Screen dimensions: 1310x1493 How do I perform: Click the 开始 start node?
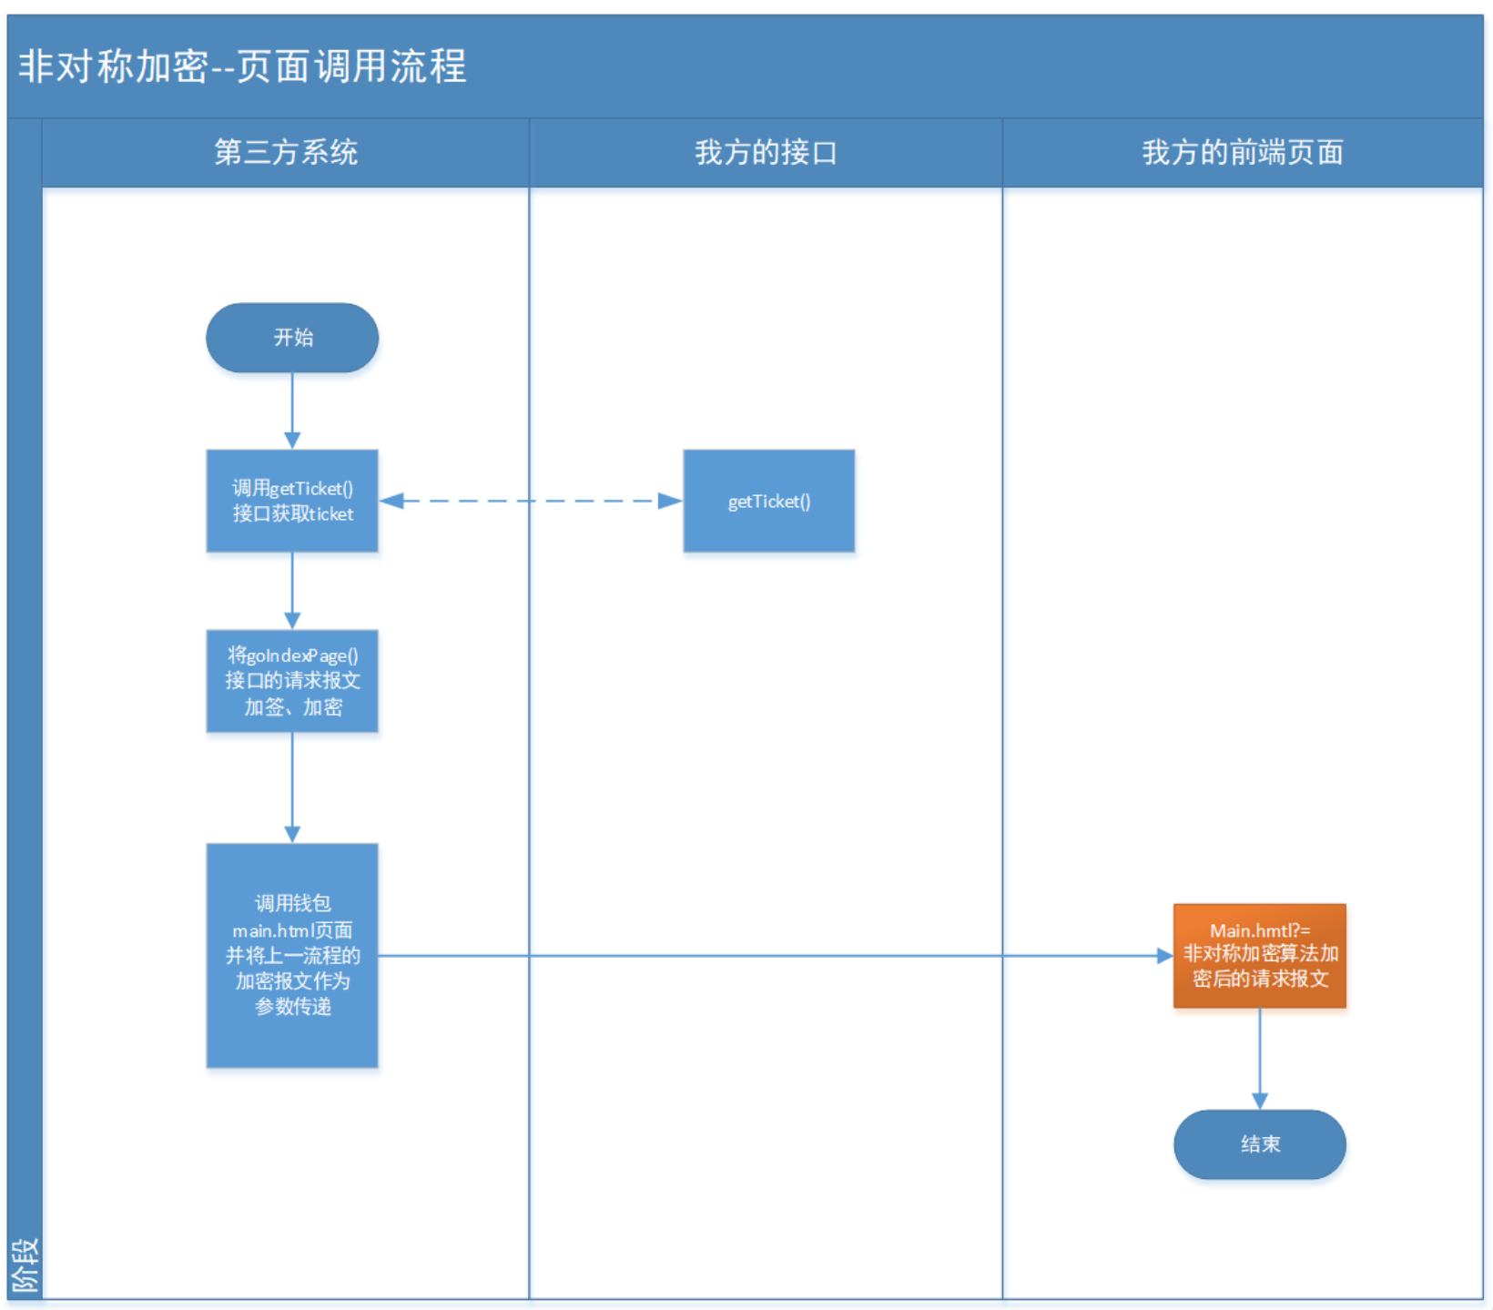292,338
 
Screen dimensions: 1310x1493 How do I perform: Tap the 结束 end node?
1259,1144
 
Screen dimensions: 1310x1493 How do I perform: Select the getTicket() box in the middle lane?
768,501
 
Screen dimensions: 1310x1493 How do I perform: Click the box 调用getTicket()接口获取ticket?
292,501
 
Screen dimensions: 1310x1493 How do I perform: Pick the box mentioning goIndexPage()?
292,681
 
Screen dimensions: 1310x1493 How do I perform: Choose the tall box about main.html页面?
292,955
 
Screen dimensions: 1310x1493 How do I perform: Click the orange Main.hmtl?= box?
1259,955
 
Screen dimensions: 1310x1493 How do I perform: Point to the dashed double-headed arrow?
531,501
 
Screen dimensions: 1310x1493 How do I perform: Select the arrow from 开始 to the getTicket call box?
292,410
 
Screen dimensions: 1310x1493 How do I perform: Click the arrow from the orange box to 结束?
1259,1058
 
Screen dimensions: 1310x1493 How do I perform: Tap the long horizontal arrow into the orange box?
774,955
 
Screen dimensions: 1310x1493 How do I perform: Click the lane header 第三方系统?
286,152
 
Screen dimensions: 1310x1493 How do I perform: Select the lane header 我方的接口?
766,152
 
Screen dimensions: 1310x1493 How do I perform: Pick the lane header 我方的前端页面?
1243,152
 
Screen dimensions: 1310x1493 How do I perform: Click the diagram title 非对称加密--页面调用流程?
242,66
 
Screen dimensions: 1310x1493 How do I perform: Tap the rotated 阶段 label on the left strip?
25,1264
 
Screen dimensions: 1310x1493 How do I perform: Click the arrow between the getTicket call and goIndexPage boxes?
292,590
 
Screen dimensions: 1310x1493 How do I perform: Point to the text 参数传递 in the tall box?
292,1007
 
